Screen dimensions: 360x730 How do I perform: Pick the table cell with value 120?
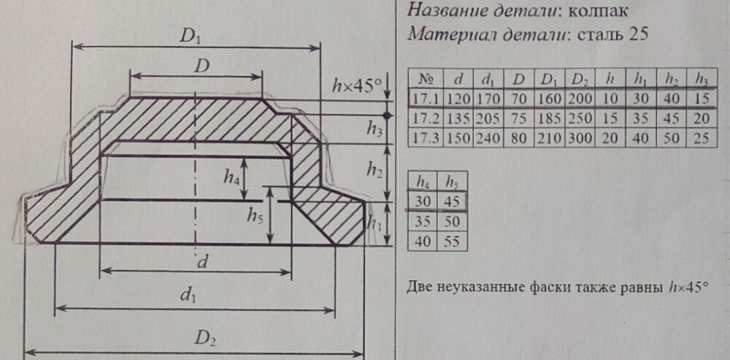[x=458, y=99]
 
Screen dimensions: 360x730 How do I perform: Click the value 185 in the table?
[x=550, y=118]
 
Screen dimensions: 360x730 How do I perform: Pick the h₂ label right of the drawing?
[x=374, y=169]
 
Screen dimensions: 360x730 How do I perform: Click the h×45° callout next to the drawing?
[x=358, y=85]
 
